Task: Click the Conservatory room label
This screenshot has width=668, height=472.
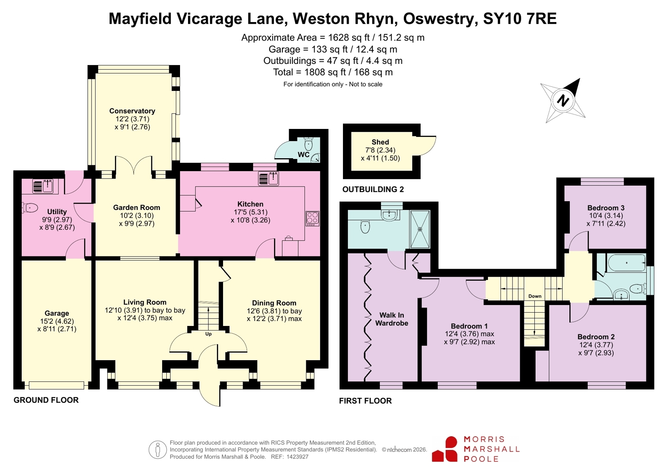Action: [x=132, y=111]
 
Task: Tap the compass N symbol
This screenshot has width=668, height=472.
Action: [x=563, y=101]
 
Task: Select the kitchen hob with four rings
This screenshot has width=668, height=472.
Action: [x=312, y=218]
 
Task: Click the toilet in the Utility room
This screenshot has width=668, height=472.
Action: [x=29, y=208]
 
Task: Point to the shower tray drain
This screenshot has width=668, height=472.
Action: [x=420, y=229]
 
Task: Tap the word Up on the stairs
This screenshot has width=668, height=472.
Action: [x=208, y=334]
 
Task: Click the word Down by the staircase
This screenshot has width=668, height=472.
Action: [x=535, y=296]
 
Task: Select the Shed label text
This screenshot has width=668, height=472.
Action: [x=380, y=142]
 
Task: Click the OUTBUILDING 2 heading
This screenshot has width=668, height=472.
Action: [x=373, y=189]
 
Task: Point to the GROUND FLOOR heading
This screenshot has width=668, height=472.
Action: [x=46, y=400]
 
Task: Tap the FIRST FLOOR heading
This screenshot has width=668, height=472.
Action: [x=365, y=401]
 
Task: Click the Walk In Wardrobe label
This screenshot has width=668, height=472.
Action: [x=391, y=319]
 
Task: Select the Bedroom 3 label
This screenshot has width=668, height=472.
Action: [x=606, y=208]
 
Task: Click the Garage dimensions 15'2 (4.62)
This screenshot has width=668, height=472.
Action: [x=57, y=321]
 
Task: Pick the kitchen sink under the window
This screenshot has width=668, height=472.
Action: [x=269, y=179]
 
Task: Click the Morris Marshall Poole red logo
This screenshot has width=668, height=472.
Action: [x=444, y=449]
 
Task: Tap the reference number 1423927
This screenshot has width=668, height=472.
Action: [x=297, y=457]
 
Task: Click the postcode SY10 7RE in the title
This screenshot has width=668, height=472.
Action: [x=520, y=18]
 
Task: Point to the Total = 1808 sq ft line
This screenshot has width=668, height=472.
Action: [x=333, y=72]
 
